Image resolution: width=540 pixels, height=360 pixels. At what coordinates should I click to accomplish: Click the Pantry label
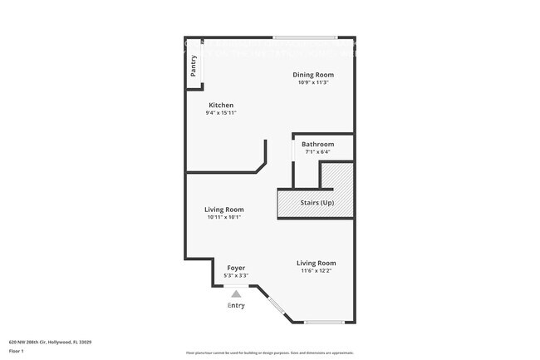194,66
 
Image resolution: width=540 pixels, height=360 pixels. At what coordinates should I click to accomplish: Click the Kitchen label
221,106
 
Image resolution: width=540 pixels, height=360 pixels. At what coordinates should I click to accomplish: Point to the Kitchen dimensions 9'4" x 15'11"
221,113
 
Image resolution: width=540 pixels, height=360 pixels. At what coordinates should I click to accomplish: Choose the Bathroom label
317,144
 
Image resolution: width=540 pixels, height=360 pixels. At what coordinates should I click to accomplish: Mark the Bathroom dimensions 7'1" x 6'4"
317,151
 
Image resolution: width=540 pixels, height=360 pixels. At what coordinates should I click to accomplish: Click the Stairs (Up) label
317,203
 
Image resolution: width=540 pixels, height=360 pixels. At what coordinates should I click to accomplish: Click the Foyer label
236,268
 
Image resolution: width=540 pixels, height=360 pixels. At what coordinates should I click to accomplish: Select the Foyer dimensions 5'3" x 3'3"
236,275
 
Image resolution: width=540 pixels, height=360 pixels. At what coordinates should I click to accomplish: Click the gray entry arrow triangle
236,293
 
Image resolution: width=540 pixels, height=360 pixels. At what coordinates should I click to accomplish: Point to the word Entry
236,306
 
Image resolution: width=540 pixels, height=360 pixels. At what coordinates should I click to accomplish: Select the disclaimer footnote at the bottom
270,353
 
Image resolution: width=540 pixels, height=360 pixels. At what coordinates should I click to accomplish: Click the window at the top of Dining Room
305,37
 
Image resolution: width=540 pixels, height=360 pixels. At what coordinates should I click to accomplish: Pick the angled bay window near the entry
277,310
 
